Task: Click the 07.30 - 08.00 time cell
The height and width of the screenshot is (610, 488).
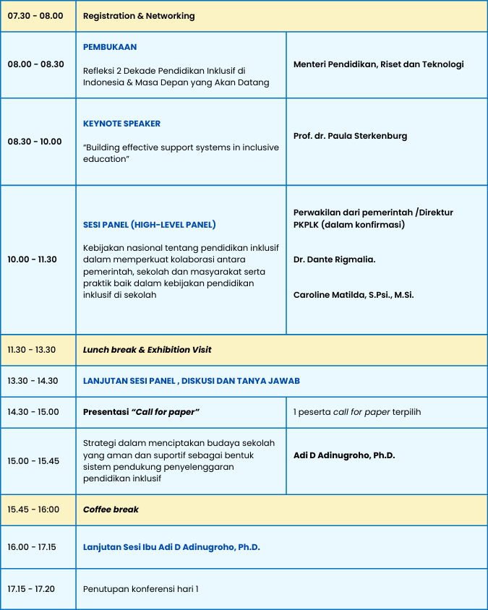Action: pos(35,16)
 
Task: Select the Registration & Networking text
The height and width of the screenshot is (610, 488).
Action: pos(139,16)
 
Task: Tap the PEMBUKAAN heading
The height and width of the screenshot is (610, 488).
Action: pos(110,47)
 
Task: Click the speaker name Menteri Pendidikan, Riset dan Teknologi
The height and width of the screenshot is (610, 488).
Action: pos(378,64)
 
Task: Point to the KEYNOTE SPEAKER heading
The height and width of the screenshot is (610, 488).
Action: pos(121,124)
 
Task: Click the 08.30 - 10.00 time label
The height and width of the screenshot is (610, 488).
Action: pos(35,142)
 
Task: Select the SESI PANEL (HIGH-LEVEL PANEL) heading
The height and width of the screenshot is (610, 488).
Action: pos(150,225)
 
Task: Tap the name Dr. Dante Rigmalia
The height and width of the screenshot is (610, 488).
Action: pos(334,259)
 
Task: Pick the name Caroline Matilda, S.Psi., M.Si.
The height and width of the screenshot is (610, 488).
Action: pos(354,295)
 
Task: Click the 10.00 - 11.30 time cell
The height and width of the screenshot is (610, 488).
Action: pos(32,259)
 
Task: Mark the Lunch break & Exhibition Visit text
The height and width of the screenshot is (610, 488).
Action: pos(147,350)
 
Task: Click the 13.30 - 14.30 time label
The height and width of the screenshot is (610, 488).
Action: pos(33,381)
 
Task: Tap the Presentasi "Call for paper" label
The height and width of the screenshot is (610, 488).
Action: pos(141,412)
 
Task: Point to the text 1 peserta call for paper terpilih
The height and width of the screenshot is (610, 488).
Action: pos(357,412)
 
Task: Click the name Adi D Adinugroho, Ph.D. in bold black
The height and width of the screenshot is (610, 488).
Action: pos(344,455)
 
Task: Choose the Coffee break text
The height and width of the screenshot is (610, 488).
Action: pos(111,510)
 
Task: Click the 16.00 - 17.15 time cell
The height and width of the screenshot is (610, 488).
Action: pos(32,547)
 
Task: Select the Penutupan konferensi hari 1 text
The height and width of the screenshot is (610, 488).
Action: pos(140,589)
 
